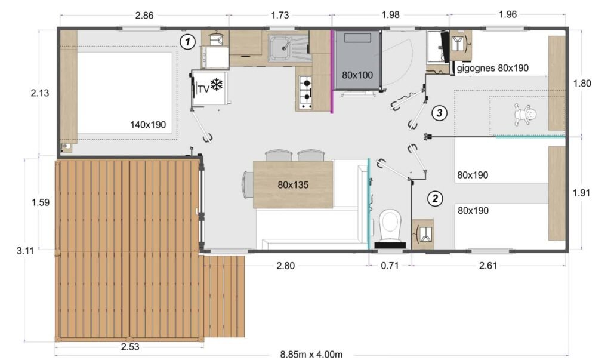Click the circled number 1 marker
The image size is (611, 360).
[x=188, y=42]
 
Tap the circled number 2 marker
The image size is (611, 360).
[x=436, y=198]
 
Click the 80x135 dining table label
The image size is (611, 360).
[x=293, y=184]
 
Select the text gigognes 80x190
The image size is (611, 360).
[x=493, y=68]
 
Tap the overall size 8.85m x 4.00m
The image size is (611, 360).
[x=313, y=354]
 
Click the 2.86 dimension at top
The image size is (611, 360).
[x=144, y=16]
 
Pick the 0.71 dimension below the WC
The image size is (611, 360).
[x=389, y=266]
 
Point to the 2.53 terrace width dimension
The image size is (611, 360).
[x=129, y=347]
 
